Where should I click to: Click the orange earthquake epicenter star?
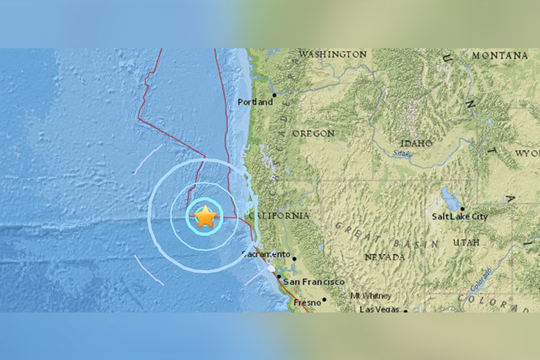(x=205, y=216)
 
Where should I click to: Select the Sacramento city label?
(x=266, y=254)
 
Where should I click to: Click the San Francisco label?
(x=313, y=282)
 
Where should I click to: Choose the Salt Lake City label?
(x=459, y=217)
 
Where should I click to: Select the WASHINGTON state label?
(x=332, y=55)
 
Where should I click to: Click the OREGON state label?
(x=313, y=134)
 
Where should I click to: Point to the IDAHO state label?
(x=416, y=143)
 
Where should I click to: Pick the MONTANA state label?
(x=500, y=55)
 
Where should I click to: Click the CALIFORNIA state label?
(x=279, y=216)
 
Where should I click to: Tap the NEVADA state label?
(x=384, y=257)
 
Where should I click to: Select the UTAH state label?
(x=466, y=243)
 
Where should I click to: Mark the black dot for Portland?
(x=274, y=94)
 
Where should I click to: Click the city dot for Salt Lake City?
(x=462, y=209)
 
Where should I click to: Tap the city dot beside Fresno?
(x=324, y=300)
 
